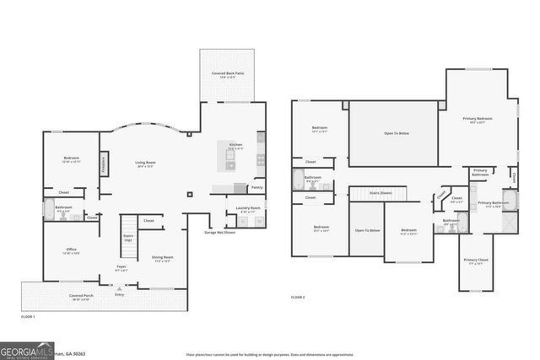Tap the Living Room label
[147, 164]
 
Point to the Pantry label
[256, 188]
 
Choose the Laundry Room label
[248, 208]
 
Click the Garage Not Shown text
[219, 232]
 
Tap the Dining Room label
[162, 257]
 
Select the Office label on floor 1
[72, 250]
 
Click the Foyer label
[121, 268]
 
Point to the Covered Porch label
[82, 297]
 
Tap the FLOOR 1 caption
[28, 316]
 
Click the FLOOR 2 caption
[297, 298]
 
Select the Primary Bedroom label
[477, 120]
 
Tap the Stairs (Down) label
[381, 193]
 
